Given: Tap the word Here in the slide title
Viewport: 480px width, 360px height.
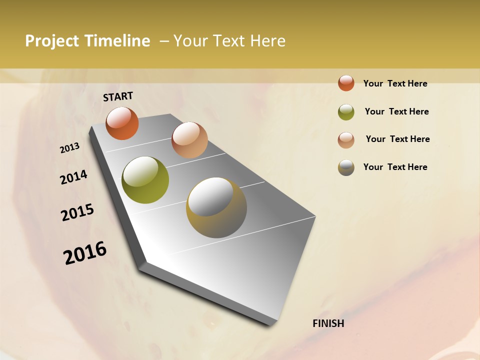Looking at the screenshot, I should click(267, 41).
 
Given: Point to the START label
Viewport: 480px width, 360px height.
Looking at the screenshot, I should click(118, 96).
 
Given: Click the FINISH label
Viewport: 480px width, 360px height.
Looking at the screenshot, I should click(328, 323).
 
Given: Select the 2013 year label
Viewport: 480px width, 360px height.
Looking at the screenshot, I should click(70, 148).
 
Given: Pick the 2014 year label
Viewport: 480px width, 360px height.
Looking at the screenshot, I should click(73, 177).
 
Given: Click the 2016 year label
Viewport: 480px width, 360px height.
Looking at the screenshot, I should click(85, 253).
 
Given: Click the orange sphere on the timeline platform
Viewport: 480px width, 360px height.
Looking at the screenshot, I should click(122, 123).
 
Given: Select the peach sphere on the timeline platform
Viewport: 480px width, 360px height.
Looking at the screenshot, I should click(189, 140).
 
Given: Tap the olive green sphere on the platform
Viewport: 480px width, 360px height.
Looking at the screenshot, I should click(145, 180).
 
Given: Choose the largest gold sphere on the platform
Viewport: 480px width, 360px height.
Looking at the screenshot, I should click(216, 207).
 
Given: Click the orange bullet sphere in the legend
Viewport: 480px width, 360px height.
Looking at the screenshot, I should click(346, 83).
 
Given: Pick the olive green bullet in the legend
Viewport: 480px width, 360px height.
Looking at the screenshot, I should click(346, 112).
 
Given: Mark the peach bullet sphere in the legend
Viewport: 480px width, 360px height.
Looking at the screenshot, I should click(346, 139).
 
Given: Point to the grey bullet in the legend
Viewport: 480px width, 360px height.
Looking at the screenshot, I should click(346, 167).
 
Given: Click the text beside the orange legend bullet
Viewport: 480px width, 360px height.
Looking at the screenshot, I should click(395, 83).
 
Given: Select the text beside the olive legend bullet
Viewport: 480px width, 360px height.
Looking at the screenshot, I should click(396, 111).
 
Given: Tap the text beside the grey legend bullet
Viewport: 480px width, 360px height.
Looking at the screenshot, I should click(395, 167).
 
